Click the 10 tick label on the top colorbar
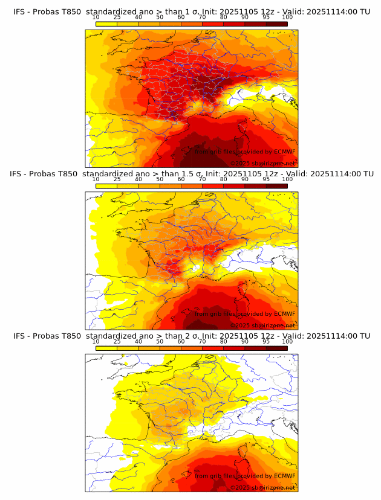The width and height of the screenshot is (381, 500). (96, 18)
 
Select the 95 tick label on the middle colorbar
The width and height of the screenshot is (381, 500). (266, 179)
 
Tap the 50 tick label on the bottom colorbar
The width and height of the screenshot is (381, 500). (160, 341)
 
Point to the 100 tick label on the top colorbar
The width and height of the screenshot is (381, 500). (287, 18)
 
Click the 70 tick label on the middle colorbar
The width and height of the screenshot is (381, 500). (202, 179)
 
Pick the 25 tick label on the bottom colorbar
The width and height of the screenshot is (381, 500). (117, 341)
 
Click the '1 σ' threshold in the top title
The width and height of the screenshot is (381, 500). (192, 11)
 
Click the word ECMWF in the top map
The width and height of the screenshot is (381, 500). (284, 152)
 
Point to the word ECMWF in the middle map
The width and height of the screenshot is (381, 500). (284, 313)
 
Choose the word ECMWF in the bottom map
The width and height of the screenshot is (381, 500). (284, 475)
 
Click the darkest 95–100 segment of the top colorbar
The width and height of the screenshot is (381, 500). (277, 24)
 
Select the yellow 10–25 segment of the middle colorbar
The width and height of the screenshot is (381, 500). (106, 185)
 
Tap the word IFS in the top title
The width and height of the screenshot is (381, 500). (20, 11)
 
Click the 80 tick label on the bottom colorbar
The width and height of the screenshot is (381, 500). (224, 341)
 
